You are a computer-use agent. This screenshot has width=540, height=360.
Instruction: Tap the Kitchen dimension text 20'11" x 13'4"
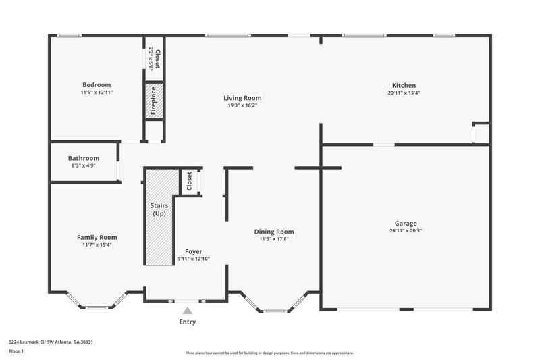coord(404,93)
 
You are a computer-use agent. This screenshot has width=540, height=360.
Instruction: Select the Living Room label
coord(242,98)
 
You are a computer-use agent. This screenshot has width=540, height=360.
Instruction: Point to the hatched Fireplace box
coord(153,101)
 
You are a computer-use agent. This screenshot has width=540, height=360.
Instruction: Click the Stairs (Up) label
coord(159,209)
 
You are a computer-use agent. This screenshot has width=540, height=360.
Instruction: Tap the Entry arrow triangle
coord(188,310)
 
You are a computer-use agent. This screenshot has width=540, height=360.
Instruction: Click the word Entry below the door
coord(188,322)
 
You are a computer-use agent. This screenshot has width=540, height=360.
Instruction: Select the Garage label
coord(406,223)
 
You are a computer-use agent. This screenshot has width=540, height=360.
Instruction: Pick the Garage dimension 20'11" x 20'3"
coord(406,231)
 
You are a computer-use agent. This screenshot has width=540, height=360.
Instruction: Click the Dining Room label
coord(274,231)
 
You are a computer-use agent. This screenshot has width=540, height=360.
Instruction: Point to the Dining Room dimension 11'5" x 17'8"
coord(274,239)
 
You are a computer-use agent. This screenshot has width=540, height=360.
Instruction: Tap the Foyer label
coord(194,251)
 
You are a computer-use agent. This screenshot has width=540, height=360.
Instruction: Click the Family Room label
coord(97,237)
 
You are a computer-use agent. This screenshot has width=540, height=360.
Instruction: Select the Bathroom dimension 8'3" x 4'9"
coord(83,165)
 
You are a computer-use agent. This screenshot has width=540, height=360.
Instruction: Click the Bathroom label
coord(83,158)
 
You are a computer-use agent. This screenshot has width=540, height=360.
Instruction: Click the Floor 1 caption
coord(17,352)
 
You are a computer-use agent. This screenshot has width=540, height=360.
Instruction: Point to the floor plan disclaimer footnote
coord(269,353)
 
